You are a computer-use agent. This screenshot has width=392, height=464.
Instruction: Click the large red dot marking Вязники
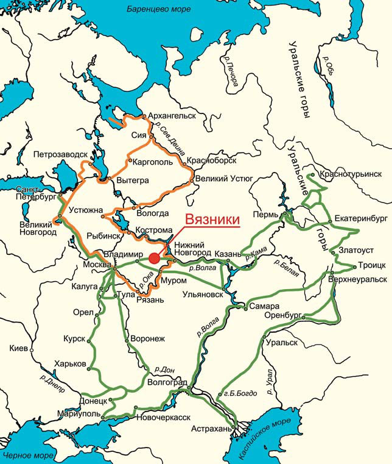[154, 259]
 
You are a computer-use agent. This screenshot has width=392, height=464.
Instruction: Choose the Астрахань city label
[211, 429]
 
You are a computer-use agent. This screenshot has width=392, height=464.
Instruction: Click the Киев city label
[19, 348]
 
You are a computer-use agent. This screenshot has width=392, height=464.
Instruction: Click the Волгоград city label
[167, 383]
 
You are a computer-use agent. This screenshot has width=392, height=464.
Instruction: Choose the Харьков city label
[70, 363]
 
